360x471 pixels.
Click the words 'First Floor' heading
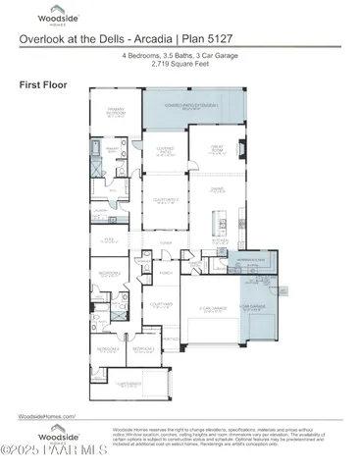[x=41, y=85]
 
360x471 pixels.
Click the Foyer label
[x=167, y=241]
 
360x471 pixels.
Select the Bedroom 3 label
[x=143, y=348]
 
